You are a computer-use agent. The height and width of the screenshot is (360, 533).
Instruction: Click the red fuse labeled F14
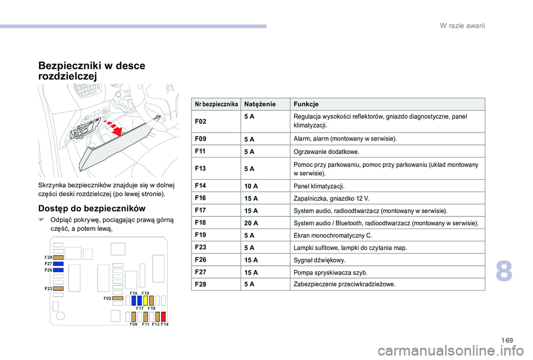pyautogui.click(x=164, y=317)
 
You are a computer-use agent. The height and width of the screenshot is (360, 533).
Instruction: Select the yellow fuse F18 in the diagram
pyautogui.click(x=145, y=300)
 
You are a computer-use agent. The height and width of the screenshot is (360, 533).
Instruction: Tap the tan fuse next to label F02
pyautogui.click(x=118, y=298)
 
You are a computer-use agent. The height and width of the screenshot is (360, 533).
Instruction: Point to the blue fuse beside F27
pyautogui.click(x=58, y=264)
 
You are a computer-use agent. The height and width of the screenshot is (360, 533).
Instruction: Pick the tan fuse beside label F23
pyautogui.click(x=58, y=289)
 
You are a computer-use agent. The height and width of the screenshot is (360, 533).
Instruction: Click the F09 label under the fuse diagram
pyautogui.click(x=133, y=324)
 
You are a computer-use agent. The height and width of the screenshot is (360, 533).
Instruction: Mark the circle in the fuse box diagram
pyautogui.click(x=56, y=306)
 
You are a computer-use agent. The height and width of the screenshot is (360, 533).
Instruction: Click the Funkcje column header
pyautogui.click(x=306, y=104)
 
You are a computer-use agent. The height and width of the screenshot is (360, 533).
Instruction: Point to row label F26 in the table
pyautogui.click(x=201, y=259)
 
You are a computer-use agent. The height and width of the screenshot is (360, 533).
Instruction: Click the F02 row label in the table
pyautogui.click(x=201, y=121)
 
